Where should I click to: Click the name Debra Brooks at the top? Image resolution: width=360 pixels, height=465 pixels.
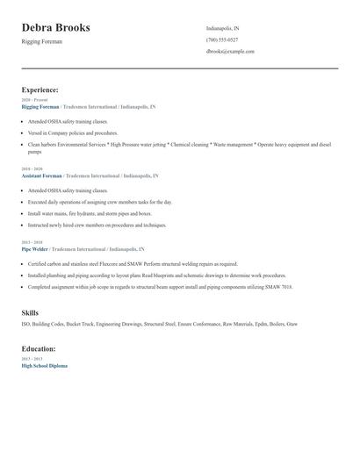point(55,28)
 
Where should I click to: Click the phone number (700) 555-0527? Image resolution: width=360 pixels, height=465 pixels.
point(222,39)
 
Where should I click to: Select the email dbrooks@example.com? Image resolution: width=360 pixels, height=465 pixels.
point(230,51)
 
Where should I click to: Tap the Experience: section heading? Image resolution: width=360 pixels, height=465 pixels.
point(40,89)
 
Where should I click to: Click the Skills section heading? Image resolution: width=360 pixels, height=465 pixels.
point(30,312)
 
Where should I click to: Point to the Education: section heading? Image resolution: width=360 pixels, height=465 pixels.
point(40,348)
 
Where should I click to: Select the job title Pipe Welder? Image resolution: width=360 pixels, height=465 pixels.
point(36,248)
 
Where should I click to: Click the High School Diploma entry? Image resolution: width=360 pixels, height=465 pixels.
point(44,365)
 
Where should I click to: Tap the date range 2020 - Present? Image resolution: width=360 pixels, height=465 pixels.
point(34,99)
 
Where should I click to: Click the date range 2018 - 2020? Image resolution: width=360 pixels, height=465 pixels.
point(32,168)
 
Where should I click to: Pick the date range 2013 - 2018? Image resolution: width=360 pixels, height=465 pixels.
point(32,241)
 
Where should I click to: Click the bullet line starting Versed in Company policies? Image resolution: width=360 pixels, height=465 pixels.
point(71,132)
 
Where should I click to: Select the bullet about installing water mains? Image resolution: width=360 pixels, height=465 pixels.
point(90,213)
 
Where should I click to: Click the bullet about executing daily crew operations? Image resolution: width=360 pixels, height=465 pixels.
point(100,202)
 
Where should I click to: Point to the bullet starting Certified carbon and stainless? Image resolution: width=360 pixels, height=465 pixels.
point(133,263)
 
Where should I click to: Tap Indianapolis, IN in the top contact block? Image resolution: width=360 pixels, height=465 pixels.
point(223,28)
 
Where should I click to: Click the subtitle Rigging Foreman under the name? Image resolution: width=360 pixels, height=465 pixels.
point(41,41)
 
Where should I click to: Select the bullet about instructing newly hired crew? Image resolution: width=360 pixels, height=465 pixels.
point(97,225)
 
